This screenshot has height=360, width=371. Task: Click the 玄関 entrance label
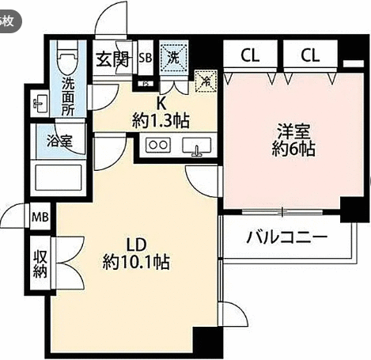112,59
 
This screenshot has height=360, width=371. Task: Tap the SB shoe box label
146,58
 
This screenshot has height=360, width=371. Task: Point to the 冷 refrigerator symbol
206,81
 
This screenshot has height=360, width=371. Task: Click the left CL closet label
250,55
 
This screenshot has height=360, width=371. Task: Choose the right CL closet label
310,55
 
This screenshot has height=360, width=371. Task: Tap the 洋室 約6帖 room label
293,139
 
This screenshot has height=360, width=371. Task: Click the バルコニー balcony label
287,237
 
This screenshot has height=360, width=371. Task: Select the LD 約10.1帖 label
136,254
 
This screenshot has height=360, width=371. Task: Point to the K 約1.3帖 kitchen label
161,113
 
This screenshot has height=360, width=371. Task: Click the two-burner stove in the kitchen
158,145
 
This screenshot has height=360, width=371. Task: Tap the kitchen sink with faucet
197,146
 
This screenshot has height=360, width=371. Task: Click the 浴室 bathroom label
59,140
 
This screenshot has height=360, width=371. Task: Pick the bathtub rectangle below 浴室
59,177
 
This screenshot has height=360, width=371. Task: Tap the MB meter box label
40,217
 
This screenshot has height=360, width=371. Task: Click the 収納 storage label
40,263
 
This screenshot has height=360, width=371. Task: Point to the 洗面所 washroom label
68,97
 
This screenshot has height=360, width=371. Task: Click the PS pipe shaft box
146,84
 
